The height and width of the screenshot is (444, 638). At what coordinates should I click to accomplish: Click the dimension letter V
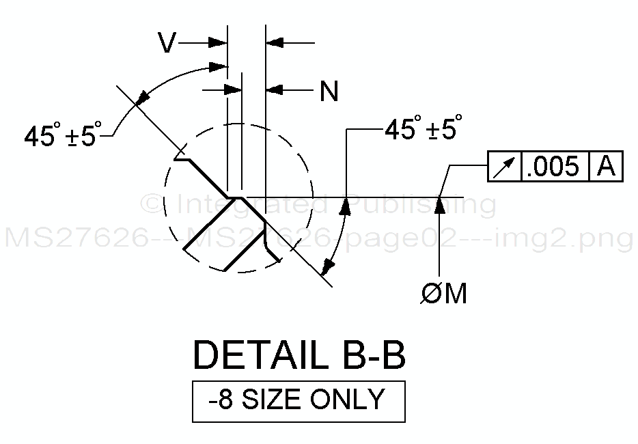167,42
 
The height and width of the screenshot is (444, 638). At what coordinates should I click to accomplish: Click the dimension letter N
329,91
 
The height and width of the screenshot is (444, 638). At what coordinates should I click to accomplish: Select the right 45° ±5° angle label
423,127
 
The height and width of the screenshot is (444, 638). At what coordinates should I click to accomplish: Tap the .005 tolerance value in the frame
555,166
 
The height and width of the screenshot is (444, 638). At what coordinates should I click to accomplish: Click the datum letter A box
607,166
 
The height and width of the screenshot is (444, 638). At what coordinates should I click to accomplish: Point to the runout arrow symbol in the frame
505,167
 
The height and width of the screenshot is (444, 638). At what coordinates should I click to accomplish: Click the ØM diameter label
443,293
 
